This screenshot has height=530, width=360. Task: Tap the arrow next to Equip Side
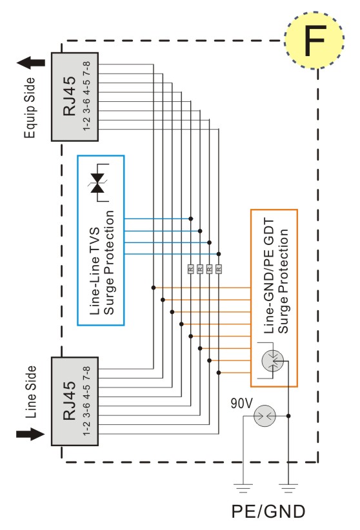pos(31,63)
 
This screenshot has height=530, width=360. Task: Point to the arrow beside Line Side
pos(30,434)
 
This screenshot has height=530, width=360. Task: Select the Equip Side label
pos(30,108)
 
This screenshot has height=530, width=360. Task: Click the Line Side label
pos(30,392)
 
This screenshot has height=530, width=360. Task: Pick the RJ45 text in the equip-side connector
pos(70,96)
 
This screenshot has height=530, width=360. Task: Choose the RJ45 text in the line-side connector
pos(70,401)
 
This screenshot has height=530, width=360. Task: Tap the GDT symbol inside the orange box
pos(273,361)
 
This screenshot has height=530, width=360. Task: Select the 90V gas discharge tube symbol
pos(265,416)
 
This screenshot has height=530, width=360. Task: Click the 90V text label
pos(241,403)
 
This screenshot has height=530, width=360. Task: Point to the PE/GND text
pos(268,511)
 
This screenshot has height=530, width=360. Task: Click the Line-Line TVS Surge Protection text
pos(102,262)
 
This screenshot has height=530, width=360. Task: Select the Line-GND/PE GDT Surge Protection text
pos(275,276)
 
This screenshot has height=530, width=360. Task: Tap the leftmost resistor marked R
pos(191,269)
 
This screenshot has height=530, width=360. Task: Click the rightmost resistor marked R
pos(219,269)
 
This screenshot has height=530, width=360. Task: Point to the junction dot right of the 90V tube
pos(288,416)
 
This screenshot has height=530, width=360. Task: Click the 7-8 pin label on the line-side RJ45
pos(86,373)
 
